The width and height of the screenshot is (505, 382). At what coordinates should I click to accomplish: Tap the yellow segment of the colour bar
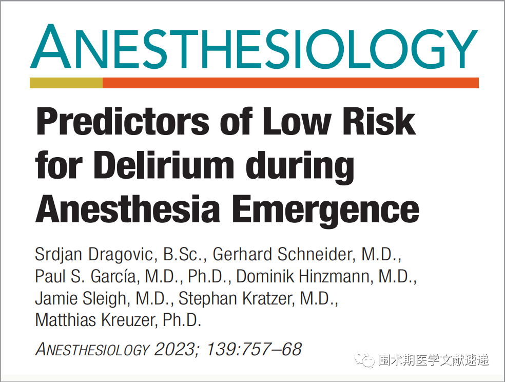[x=66, y=83]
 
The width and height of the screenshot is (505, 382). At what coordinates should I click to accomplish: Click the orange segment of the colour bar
[x=290, y=83]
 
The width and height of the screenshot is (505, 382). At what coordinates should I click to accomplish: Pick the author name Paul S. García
[x=87, y=276]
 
